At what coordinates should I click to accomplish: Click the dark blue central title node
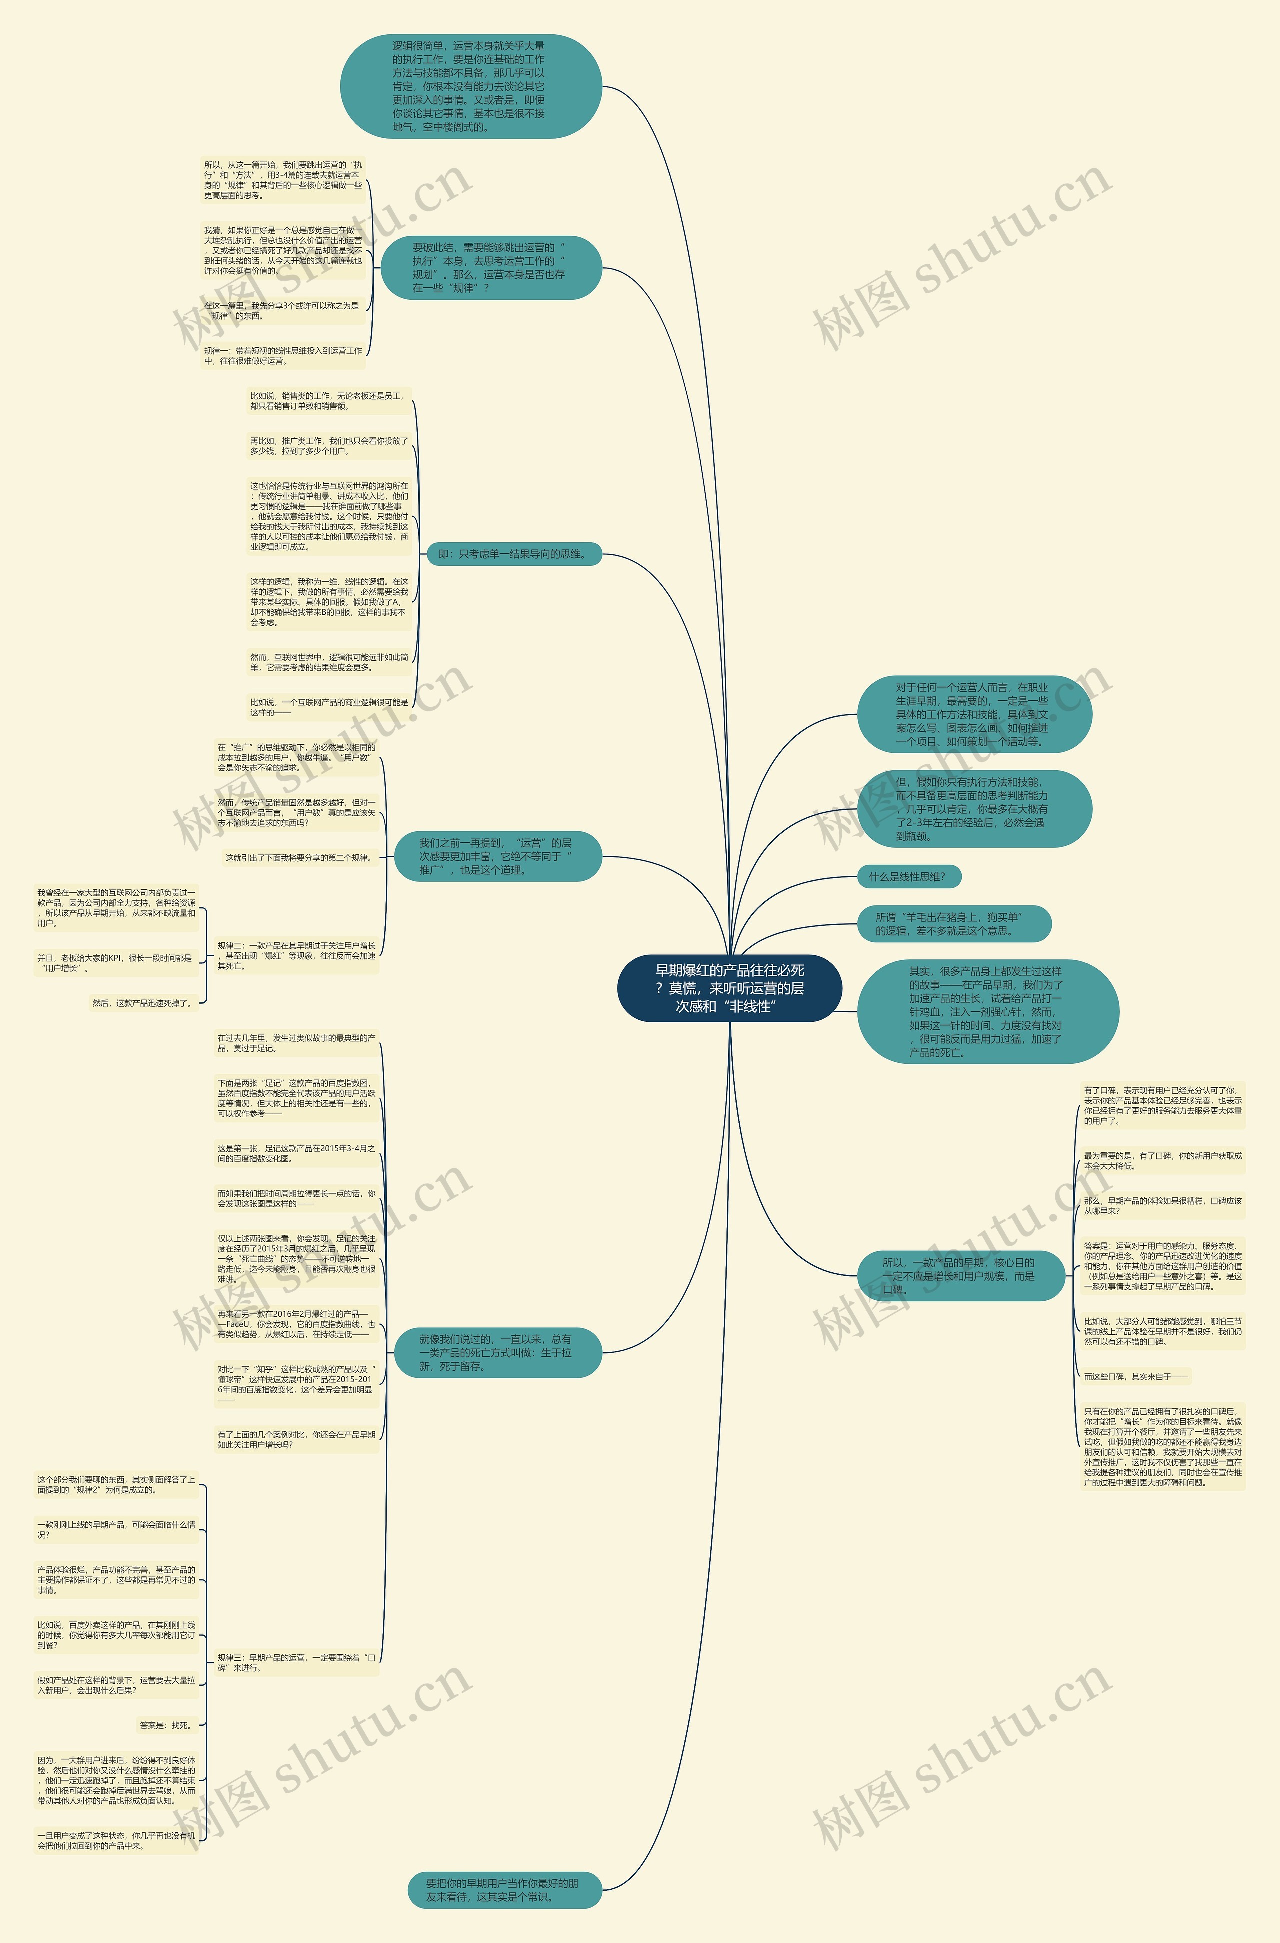729,988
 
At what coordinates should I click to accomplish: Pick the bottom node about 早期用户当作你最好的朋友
504,1890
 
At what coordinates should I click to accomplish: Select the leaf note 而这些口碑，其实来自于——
1134,1376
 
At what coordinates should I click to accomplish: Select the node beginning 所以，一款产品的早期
960,1275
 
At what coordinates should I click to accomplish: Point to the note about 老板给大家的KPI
116,963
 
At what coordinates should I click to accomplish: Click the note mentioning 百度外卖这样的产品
116,1635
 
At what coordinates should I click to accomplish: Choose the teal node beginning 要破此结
490,267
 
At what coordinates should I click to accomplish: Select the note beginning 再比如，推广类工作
329,446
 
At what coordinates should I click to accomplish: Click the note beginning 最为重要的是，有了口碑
1162,1160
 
